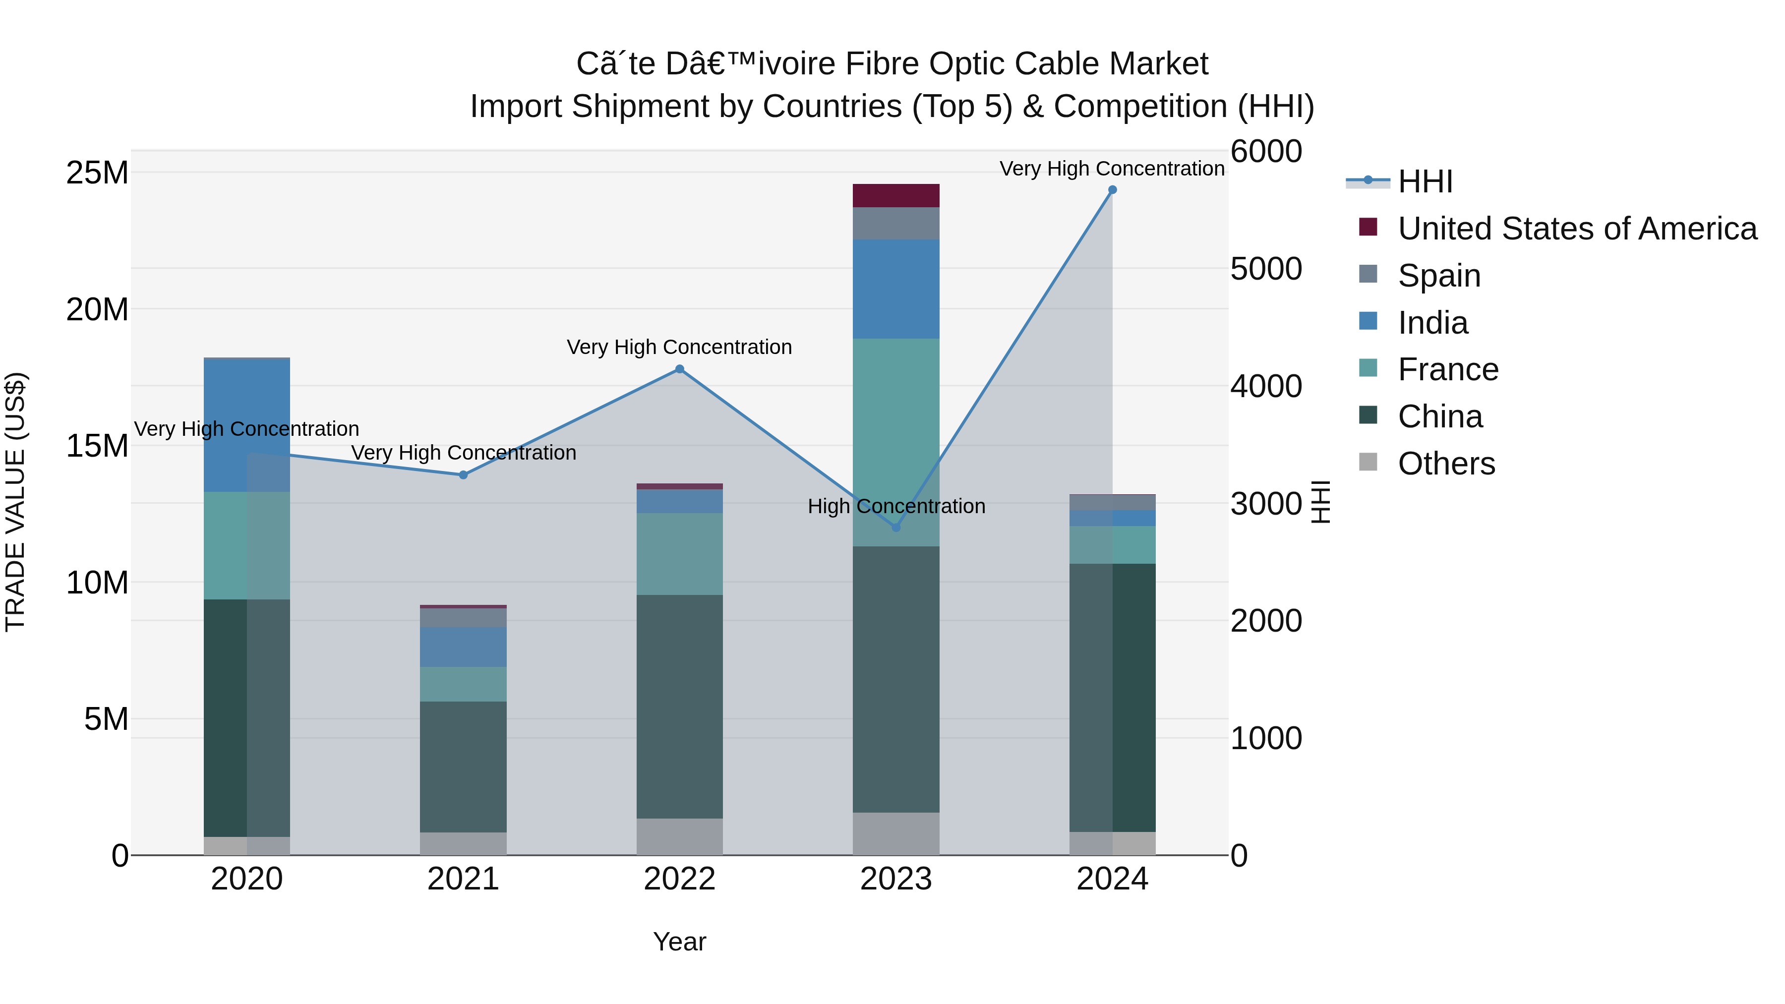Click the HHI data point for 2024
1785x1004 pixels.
coord(1112,190)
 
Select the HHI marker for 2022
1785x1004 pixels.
coord(679,369)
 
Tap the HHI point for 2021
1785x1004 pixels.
coord(463,475)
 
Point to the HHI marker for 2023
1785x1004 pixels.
coord(895,528)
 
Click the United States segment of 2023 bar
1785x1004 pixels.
coord(895,196)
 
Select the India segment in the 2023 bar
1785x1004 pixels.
coord(895,289)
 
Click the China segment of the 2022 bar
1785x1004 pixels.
coord(679,707)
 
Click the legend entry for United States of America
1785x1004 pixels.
coord(1576,229)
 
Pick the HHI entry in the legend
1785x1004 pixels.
coord(1425,181)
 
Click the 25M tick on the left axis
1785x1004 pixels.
coord(97,173)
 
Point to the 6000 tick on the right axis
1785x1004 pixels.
coord(1266,152)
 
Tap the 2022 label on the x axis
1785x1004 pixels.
coord(679,879)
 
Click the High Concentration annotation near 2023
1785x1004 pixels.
coord(896,507)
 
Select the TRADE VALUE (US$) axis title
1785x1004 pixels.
coord(15,502)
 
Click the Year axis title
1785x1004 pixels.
coord(679,942)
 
